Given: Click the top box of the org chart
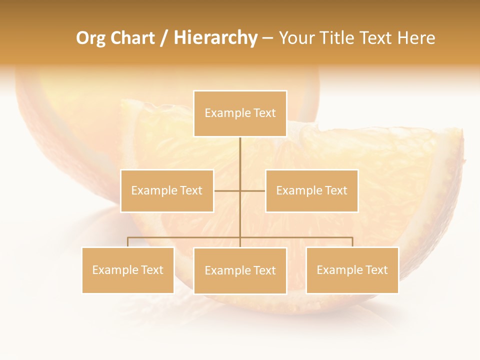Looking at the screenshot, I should pyautogui.click(x=240, y=113).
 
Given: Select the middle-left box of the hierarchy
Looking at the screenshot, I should pyautogui.click(x=167, y=190).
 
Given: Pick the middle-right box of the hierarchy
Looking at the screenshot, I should pyautogui.click(x=311, y=190).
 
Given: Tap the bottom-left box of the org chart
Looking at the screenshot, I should pyautogui.click(x=128, y=270).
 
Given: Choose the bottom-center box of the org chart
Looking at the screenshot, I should pyautogui.click(x=240, y=270).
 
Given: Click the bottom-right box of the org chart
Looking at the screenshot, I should pyautogui.click(x=352, y=270).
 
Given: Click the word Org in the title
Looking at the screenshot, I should pyautogui.click(x=90, y=38).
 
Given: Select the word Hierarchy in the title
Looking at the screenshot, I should pyautogui.click(x=215, y=38).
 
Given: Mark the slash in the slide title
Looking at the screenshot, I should pyautogui.click(x=164, y=38).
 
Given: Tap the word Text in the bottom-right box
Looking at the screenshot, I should pyautogui.click(x=376, y=270).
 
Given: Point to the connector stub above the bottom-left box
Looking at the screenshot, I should pyautogui.click(x=128, y=242).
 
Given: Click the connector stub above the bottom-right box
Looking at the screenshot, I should pyautogui.click(x=352, y=242).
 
